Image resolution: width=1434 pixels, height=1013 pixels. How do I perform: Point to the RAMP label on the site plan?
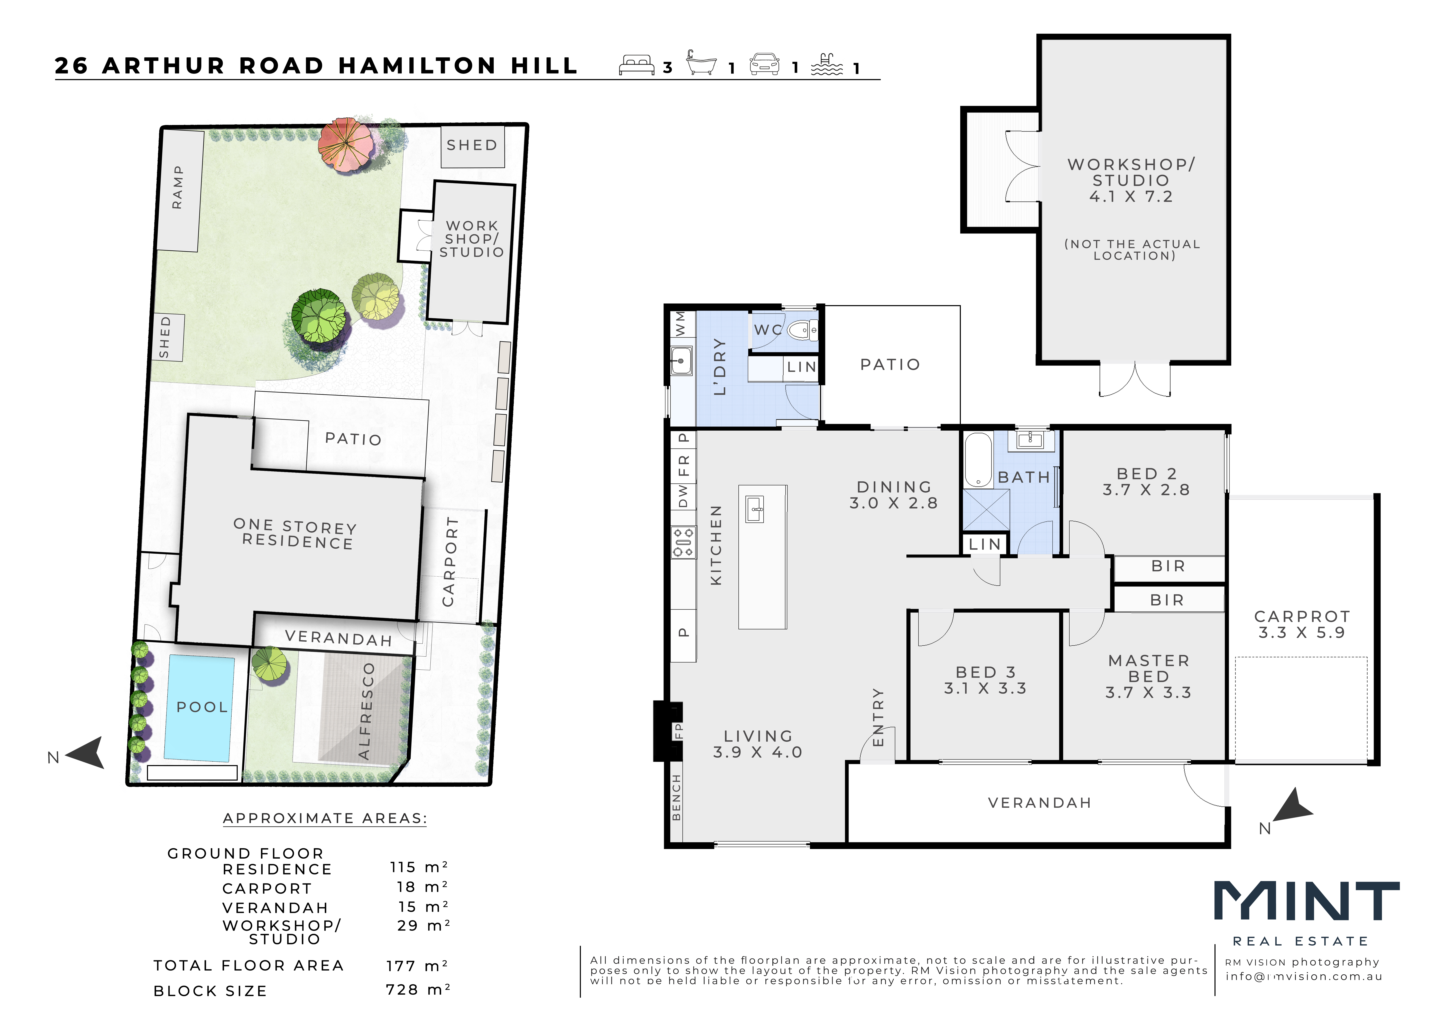pos(178,187)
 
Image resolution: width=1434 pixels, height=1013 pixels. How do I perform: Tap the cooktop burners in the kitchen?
pos(683,542)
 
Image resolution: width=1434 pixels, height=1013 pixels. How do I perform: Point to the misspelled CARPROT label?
pos(1302,617)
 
